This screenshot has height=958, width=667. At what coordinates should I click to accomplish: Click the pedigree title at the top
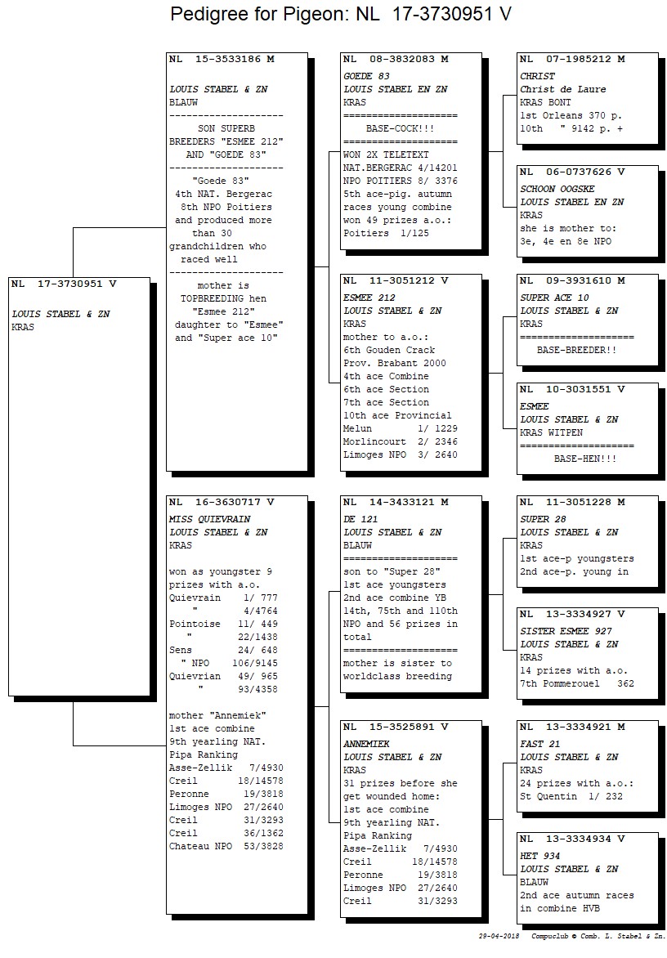point(341,13)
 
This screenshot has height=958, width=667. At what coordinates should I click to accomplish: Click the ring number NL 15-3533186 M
point(222,60)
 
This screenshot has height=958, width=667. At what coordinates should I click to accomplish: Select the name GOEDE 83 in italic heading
point(366,76)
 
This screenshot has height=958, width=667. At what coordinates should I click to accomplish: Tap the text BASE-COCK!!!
point(400,129)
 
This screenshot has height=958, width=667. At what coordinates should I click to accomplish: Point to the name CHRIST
point(538,76)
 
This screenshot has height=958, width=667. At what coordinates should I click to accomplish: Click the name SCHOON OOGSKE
point(557,190)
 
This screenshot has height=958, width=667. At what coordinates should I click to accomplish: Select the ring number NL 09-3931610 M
point(572,281)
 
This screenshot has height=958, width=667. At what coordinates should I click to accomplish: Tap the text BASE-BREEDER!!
point(576,350)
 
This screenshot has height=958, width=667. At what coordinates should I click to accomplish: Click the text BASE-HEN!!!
point(585,459)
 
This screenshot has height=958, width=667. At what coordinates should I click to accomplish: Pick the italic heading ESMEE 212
point(369,298)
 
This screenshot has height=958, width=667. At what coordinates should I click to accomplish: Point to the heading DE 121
point(360,519)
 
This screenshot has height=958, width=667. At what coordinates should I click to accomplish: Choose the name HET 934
point(540,856)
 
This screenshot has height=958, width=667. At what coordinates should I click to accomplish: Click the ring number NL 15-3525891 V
point(396,727)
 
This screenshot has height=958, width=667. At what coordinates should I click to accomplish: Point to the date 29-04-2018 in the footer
point(499,936)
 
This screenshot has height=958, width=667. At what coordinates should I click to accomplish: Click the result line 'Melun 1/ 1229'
point(400,429)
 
